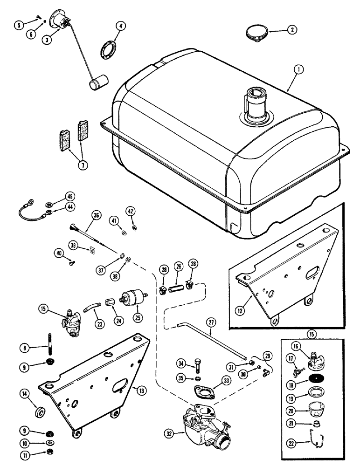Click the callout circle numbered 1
298,70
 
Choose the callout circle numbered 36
97,216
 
